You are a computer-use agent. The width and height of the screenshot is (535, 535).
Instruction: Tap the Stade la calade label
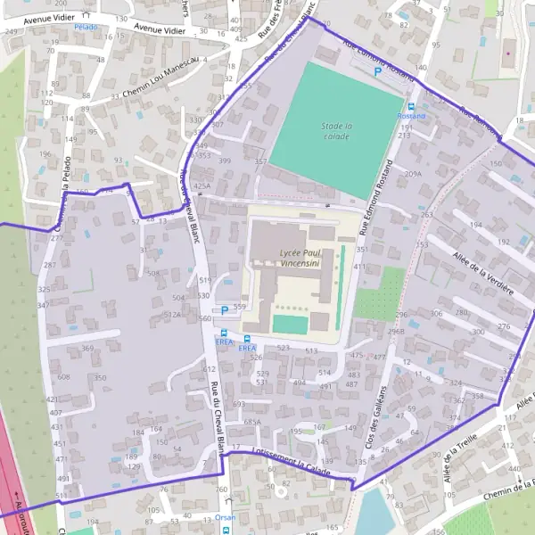(x=335, y=131)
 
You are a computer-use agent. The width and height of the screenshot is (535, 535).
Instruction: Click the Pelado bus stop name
(x=86, y=27)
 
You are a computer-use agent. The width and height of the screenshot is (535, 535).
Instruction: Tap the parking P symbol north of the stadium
(x=377, y=71)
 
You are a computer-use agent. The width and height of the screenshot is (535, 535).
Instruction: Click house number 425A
(x=202, y=185)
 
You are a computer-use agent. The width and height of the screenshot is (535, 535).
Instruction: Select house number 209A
(x=413, y=174)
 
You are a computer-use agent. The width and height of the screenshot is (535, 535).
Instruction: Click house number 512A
(x=172, y=314)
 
